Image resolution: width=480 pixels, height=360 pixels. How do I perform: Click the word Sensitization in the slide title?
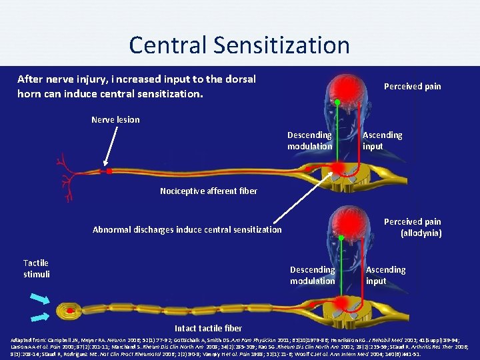283,45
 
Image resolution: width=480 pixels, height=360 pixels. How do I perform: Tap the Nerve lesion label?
115,120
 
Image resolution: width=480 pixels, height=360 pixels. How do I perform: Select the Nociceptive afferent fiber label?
209,191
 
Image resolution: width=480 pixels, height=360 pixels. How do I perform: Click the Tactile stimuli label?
36,269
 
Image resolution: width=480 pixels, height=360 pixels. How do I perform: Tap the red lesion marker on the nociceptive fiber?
109,171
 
